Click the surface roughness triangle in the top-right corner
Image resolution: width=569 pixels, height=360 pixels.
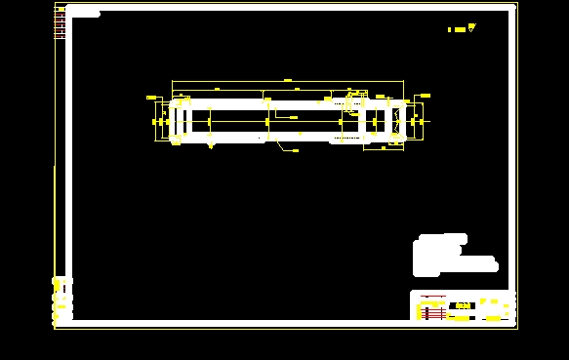pos(471,28)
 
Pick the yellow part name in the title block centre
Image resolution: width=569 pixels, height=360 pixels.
pos(465,306)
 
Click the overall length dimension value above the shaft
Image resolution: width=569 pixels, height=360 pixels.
pos(288,78)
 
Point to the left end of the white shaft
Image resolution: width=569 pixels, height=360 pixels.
pos(174,121)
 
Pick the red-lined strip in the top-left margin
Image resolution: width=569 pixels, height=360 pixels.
pos(60,23)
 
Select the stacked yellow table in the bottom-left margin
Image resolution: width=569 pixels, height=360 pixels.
pos(61,300)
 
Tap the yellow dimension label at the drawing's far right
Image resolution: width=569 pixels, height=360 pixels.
pos(424,95)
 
